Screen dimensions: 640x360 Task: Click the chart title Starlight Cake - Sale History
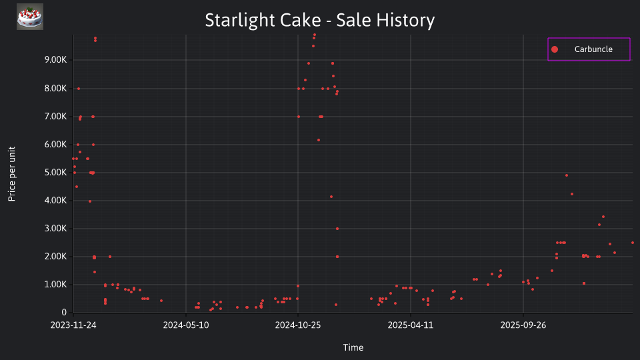coord(319,20)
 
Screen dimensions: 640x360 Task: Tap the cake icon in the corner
coord(30,17)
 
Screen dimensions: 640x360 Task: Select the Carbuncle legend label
coord(593,49)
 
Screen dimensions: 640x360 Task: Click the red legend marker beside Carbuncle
coord(554,49)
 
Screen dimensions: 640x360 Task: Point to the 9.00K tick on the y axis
coord(55,60)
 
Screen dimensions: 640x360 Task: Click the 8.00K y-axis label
coord(55,89)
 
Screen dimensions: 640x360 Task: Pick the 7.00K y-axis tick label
coord(55,117)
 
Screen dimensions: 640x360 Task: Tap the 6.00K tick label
coord(55,145)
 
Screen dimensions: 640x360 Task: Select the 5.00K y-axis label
coord(55,173)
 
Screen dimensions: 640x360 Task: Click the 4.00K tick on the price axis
coord(55,201)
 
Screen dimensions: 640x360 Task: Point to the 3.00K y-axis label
coord(55,229)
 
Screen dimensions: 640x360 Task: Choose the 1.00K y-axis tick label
coord(55,285)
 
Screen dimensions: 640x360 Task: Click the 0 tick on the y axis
coord(64,313)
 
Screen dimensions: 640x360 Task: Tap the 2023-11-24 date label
coord(73,325)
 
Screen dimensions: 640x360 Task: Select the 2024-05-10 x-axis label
coord(186,325)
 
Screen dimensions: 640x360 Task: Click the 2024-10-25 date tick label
coord(298,325)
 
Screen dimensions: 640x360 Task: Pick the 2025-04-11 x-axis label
coord(411,325)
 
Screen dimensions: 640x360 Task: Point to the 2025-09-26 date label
coord(523,325)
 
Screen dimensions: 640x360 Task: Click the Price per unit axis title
coord(12,174)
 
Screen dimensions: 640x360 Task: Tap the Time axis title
coord(353,347)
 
